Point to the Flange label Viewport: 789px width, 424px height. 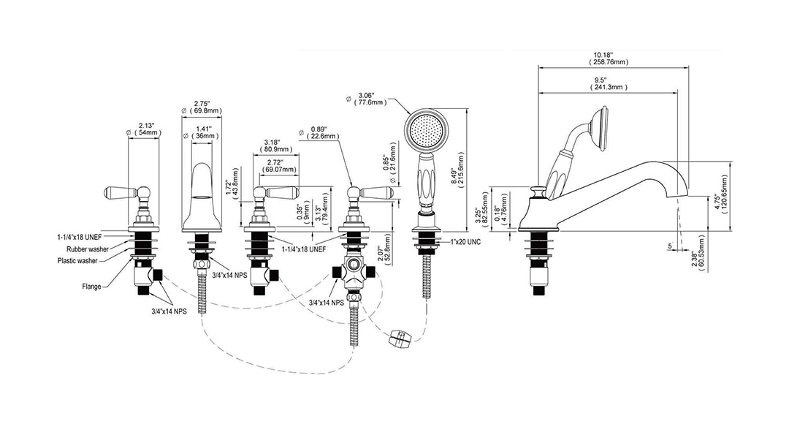click(x=91, y=287)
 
